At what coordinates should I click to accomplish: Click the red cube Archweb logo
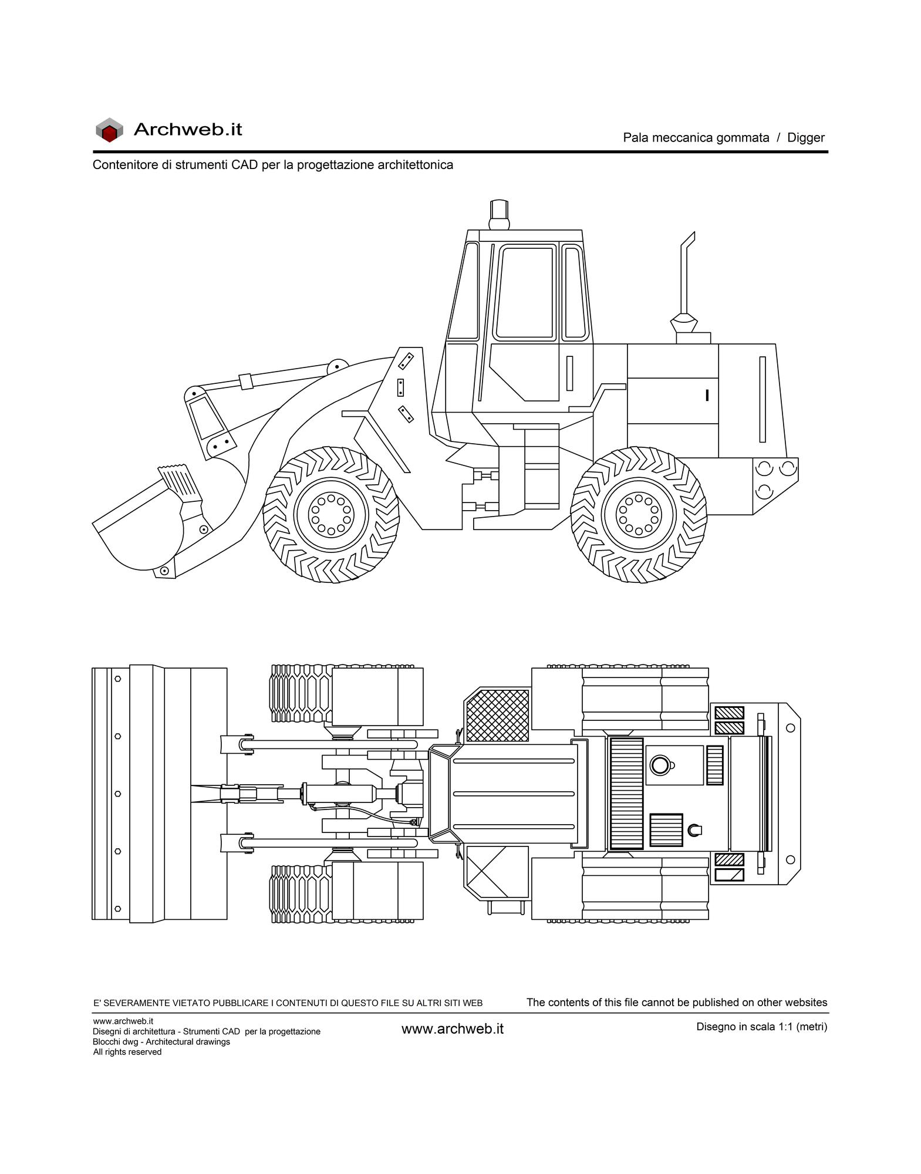tap(109, 130)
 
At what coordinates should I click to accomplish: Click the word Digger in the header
tap(805, 138)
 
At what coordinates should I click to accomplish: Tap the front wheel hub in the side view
tap(331, 515)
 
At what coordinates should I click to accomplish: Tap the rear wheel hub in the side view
tap(639, 515)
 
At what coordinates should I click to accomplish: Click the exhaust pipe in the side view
tap(685, 282)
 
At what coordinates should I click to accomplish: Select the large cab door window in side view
tap(525, 293)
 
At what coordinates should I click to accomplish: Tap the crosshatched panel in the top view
tap(497, 715)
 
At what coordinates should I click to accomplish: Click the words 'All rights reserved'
tap(127, 1068)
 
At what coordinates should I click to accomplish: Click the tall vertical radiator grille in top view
tap(626, 794)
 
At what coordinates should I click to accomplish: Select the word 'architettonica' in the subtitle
tap(415, 165)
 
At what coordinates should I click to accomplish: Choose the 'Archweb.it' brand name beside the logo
tap(188, 129)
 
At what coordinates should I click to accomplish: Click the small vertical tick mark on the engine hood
tap(707, 395)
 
